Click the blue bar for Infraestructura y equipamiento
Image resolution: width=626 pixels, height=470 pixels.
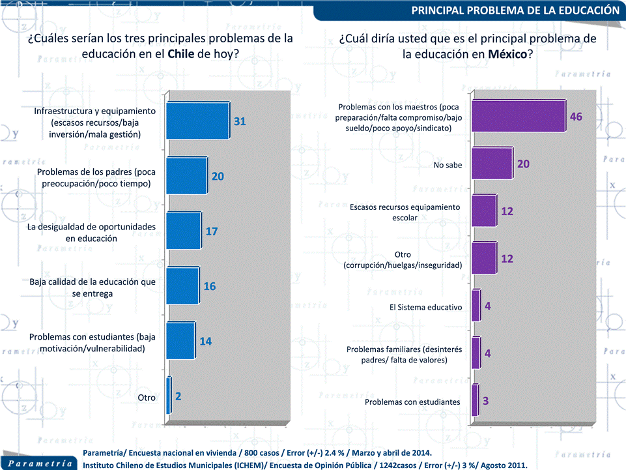point(198,121)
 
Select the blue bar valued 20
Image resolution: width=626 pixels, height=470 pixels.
point(187,176)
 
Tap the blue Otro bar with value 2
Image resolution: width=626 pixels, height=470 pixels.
point(169,396)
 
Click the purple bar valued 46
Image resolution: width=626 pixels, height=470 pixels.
point(518,117)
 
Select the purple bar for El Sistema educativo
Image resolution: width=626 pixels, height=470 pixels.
point(476,306)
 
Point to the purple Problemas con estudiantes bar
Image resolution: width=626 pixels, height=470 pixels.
point(475,401)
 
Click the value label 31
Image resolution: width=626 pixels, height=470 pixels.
point(240,121)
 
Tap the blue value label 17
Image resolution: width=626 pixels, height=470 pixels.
point(211,231)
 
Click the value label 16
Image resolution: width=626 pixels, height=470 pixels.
point(210,286)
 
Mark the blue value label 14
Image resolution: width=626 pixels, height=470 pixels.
point(205,341)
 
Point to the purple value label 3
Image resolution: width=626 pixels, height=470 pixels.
point(486,401)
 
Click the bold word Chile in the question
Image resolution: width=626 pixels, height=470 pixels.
point(181,54)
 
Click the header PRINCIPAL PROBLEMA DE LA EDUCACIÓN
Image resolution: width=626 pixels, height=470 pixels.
point(515,10)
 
